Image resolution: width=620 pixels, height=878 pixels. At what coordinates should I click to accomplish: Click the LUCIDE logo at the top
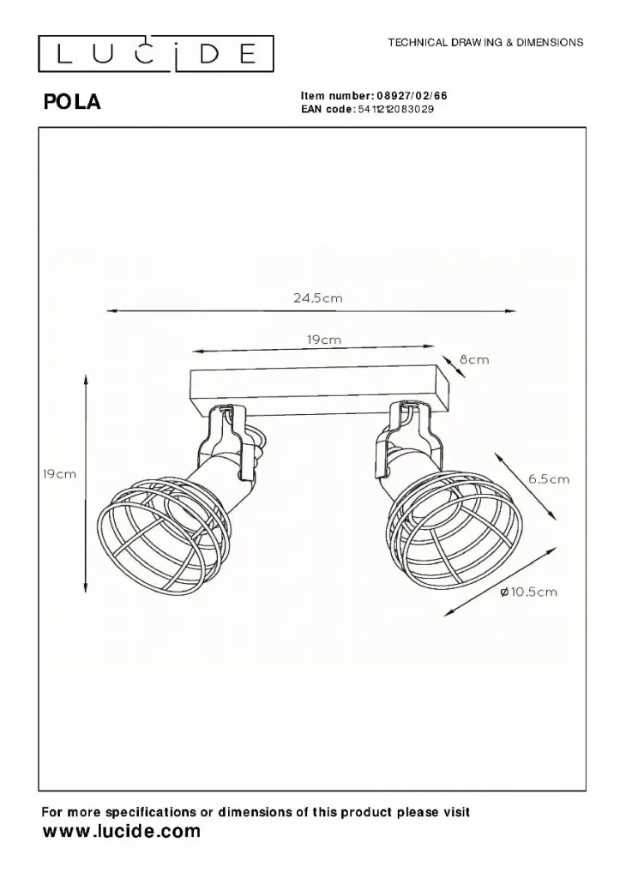coord(156,54)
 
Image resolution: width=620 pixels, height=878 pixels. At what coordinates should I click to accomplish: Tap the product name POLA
coord(72,101)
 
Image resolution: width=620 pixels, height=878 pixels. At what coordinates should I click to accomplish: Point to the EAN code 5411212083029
coord(395,109)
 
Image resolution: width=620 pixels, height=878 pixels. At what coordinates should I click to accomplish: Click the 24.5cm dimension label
coord(317,298)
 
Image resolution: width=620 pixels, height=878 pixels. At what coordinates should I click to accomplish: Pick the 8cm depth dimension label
coord(474,359)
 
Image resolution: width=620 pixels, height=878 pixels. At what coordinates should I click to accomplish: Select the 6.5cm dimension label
coord(549,478)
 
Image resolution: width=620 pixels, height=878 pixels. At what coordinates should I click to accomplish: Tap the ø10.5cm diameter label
coord(528,592)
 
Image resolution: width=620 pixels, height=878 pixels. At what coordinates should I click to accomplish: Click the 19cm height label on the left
coord(59,474)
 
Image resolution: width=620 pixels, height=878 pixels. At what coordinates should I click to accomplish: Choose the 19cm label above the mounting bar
coord(324,340)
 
